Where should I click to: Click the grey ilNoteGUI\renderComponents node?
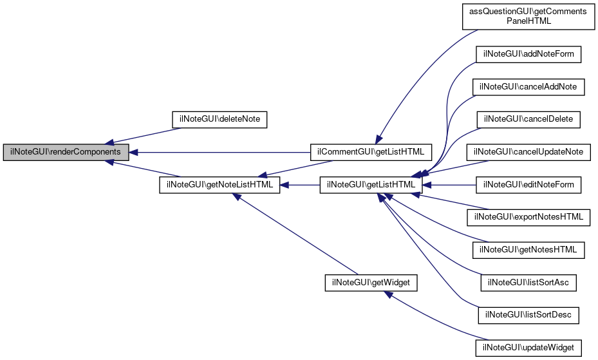tap(66, 152)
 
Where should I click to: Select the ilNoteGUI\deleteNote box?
tap(220, 119)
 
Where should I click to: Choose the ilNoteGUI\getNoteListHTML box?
tap(220, 185)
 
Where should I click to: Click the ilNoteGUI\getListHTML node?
tap(371, 185)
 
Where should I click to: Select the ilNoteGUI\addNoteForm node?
tap(528, 53)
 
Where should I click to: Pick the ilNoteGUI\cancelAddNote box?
tap(528, 86)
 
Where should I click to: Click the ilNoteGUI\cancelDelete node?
tap(528, 119)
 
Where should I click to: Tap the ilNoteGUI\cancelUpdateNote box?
tap(528, 152)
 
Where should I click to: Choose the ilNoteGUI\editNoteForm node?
tap(528, 185)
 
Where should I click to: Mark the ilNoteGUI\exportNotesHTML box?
tap(528, 217)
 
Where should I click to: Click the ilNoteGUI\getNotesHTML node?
tap(528, 250)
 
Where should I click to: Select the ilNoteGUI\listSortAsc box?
tap(528, 283)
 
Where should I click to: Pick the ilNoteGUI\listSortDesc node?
tap(528, 316)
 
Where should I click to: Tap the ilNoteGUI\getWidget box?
tap(371, 283)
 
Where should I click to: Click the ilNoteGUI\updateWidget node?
tap(528, 348)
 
